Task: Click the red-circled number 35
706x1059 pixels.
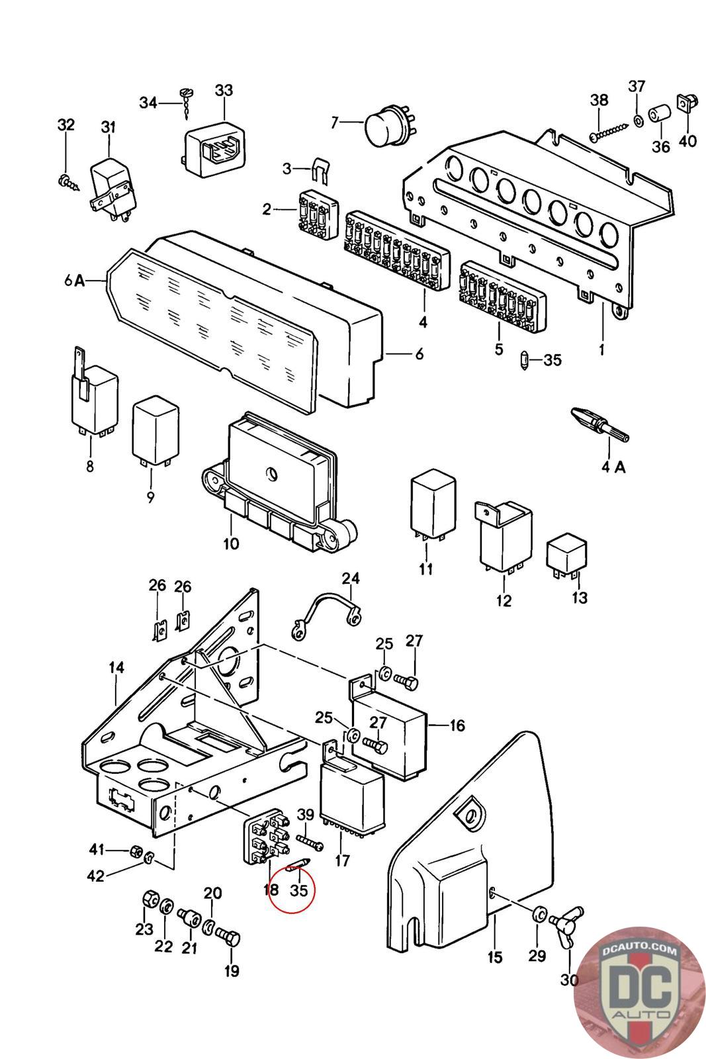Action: click(299, 890)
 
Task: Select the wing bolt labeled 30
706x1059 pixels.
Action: click(570, 923)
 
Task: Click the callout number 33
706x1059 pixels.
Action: click(224, 90)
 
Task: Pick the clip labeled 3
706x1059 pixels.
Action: click(320, 170)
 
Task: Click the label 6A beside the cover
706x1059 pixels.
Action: click(75, 280)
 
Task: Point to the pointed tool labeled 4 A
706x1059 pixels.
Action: click(598, 425)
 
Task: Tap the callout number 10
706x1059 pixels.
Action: click(231, 544)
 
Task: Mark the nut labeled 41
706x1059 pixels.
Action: click(135, 849)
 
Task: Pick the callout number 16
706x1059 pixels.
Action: click(457, 725)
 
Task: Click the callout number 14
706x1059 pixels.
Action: click(116, 668)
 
